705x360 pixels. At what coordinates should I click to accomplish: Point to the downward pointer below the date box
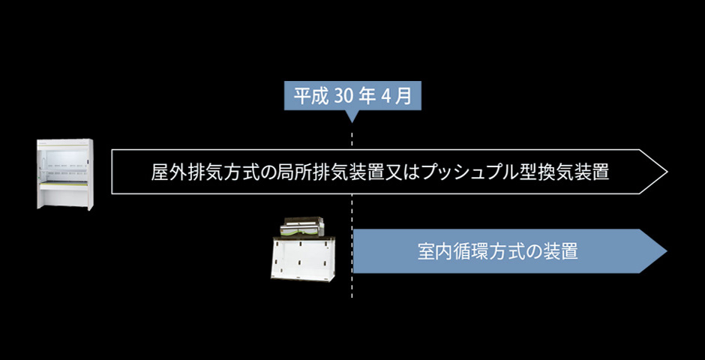coord(352,116)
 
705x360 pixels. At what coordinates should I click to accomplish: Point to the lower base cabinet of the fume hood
coord(66,196)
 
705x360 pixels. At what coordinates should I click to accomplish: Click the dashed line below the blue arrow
coord(352,286)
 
